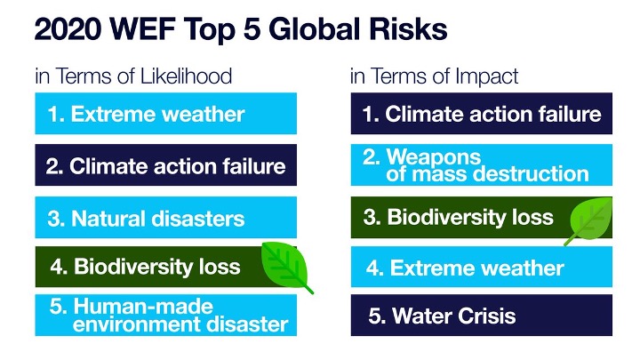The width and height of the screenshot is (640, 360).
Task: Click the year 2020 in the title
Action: tap(68, 29)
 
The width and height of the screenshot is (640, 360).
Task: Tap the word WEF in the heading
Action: tap(143, 29)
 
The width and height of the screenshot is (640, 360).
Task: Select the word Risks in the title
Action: tap(408, 29)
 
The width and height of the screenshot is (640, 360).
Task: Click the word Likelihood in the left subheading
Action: tap(186, 76)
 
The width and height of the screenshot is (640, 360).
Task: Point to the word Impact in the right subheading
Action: tap(486, 76)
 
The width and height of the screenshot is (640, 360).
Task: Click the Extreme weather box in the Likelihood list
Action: tap(165, 114)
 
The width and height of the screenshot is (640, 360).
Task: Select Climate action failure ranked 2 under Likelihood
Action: tap(165, 165)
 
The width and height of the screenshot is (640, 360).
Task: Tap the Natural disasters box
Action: tap(165, 217)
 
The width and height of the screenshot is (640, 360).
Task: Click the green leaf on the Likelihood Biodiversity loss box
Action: tap(285, 265)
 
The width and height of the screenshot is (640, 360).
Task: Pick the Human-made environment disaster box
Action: tap(165, 315)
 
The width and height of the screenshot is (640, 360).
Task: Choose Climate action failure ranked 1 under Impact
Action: tap(482, 114)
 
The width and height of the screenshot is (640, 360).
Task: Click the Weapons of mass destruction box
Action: tap(482, 165)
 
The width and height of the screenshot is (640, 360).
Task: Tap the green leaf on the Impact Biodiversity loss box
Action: tap(590, 220)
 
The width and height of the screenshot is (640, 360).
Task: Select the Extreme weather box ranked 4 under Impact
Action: tap(482, 267)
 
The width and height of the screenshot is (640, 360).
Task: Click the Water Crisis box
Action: tap(482, 315)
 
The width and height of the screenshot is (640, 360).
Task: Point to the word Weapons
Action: tap(434, 156)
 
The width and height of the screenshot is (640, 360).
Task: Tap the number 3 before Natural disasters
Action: tap(55, 219)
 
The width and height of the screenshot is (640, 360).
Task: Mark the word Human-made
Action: tap(143, 306)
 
